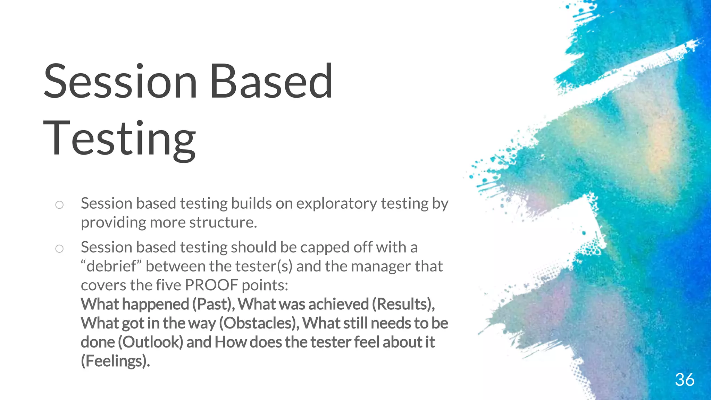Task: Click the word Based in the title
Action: pos(271,81)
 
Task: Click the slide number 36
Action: pos(685,380)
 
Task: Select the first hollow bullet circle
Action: pos(59,205)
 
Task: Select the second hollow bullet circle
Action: pos(59,249)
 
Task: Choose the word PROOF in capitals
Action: pos(211,285)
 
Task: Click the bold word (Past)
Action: pos(214,305)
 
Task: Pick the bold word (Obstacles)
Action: pos(259,323)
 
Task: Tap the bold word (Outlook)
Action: pos(150,342)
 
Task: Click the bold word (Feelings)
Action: pos(115,361)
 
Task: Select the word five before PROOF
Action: pos(168,285)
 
